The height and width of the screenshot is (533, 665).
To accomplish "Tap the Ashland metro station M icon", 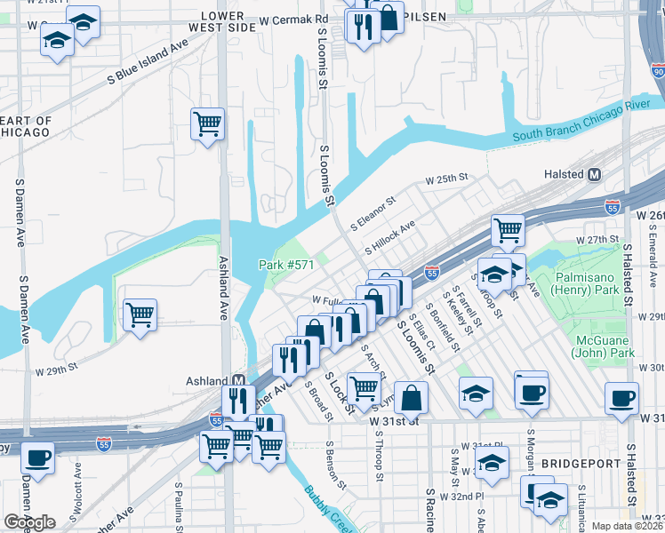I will click(x=238, y=380).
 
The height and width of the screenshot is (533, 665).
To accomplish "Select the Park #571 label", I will click(x=282, y=265).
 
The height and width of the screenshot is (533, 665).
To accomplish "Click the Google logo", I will click(x=29, y=521).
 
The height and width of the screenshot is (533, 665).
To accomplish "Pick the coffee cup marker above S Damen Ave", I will click(x=37, y=457).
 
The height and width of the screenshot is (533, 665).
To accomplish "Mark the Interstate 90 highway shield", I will click(x=657, y=70).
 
